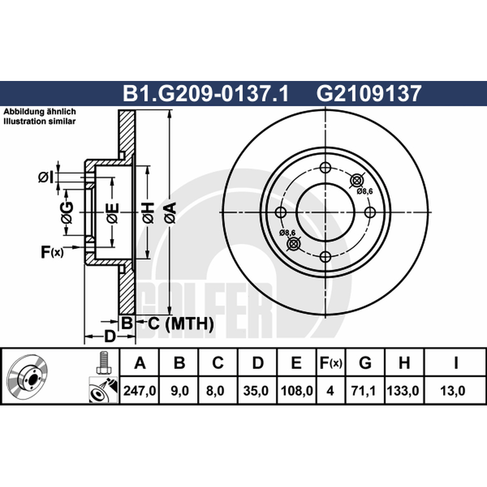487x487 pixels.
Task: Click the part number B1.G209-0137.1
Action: click(x=206, y=93)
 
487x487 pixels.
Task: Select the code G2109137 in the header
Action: click(x=369, y=93)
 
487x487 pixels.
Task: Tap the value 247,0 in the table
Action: click(x=139, y=390)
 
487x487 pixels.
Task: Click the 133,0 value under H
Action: click(x=403, y=390)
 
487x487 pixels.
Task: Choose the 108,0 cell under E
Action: click(x=296, y=390)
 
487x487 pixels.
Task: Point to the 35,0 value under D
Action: click(x=256, y=390)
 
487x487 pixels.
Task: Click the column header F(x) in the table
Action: click(x=331, y=363)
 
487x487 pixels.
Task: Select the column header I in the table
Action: click(x=455, y=363)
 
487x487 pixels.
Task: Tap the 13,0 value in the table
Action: click(x=453, y=390)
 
